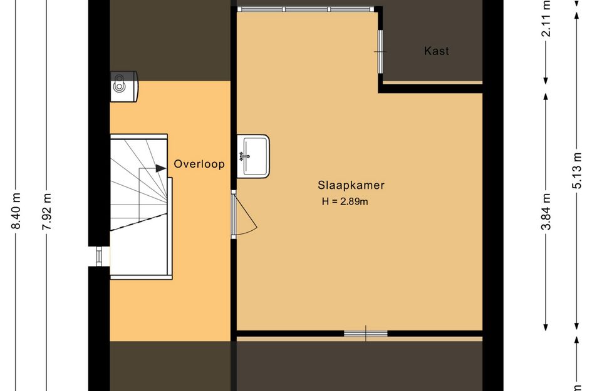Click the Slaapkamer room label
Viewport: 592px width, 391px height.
click(x=351, y=185)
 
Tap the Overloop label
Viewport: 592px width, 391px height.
click(x=199, y=164)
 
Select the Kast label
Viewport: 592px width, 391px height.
click(x=437, y=51)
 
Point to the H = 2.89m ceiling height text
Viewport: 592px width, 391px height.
click(x=345, y=201)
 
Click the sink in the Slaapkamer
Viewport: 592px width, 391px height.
click(x=253, y=156)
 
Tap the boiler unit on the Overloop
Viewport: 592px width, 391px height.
click(x=124, y=86)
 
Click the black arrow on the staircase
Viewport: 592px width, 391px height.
click(x=161, y=168)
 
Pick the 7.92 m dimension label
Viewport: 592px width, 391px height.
click(x=46, y=211)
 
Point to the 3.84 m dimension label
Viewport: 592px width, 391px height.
click(x=546, y=211)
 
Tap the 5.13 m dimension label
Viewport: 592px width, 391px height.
click(x=576, y=170)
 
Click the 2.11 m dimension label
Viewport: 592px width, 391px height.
click(x=546, y=19)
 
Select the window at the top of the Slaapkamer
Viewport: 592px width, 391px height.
click(x=306, y=9)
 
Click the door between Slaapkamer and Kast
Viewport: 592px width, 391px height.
click(x=380, y=52)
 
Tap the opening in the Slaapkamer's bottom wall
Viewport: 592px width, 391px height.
click(x=365, y=333)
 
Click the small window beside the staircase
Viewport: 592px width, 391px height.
click(x=99, y=256)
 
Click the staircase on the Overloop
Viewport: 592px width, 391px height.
click(x=140, y=206)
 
